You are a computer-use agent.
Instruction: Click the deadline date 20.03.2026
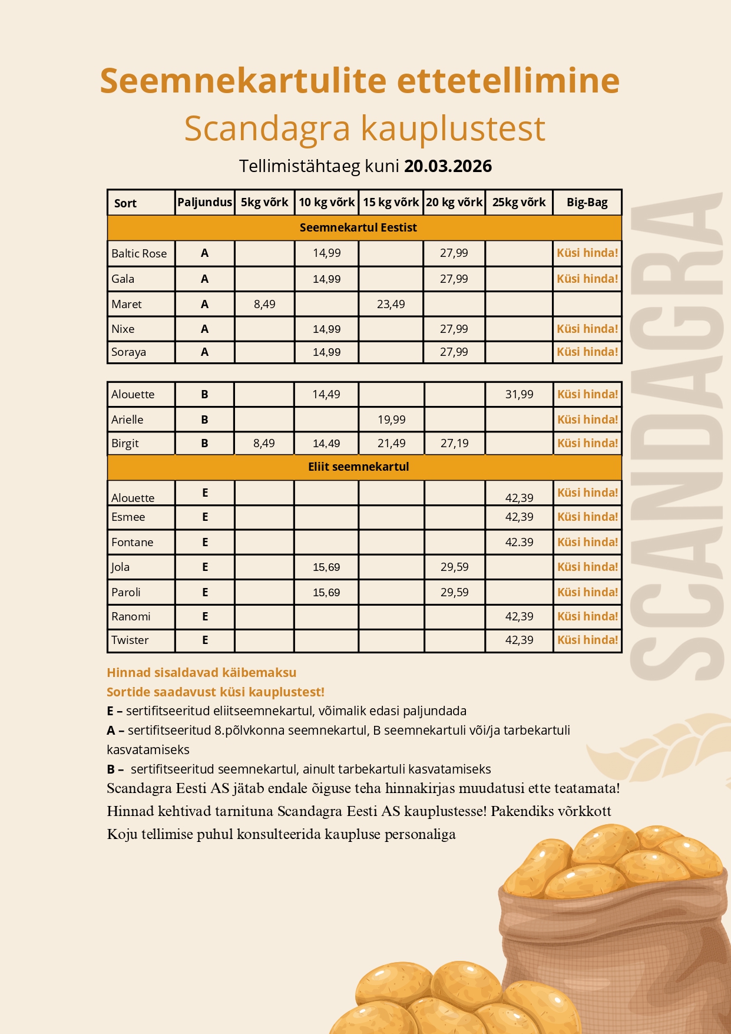[x=448, y=166]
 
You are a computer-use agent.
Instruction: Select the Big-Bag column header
[x=587, y=203]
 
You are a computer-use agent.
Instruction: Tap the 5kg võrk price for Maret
[x=264, y=304]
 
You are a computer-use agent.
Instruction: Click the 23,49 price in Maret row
[x=391, y=304]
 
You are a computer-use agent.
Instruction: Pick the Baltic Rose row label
[x=139, y=253]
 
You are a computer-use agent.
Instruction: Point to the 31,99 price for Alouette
[x=519, y=394]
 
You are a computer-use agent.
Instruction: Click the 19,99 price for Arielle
[x=391, y=419]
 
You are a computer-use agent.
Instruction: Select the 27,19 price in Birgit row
[x=454, y=443]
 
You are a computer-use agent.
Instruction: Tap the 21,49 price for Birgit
[x=391, y=443]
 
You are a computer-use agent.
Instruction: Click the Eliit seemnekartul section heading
[x=358, y=467]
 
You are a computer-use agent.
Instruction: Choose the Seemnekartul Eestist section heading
[x=358, y=227]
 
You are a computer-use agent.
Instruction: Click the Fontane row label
[x=133, y=542]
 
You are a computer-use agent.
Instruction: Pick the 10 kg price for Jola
[x=326, y=567]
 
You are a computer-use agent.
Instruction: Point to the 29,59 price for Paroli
[x=454, y=592]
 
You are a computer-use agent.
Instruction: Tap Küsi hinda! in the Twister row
[x=587, y=640]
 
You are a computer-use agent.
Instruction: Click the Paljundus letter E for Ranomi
[x=205, y=616]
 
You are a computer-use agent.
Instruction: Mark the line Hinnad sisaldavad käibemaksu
[x=201, y=672]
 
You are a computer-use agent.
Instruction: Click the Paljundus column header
[x=205, y=202]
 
